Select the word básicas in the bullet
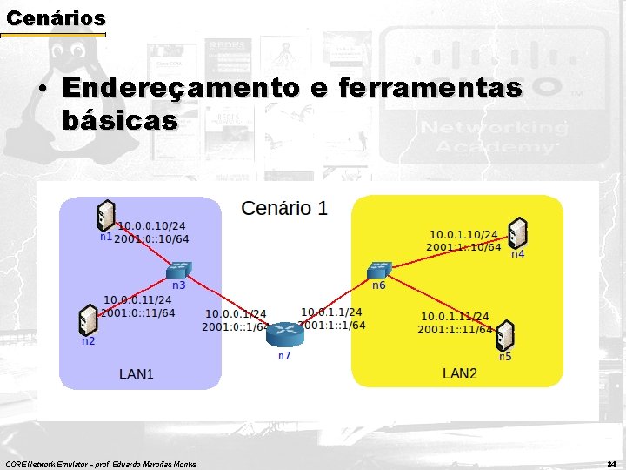pyautogui.click(x=120, y=120)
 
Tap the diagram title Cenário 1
pyautogui.click(x=284, y=208)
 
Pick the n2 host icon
pyautogui.click(x=88, y=319)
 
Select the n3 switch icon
pyautogui.click(x=179, y=270)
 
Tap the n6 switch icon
pyautogui.click(x=379, y=269)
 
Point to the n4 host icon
pyautogui.click(x=518, y=232)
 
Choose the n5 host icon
pyautogui.click(x=505, y=336)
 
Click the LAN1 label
pyautogui.click(x=136, y=374)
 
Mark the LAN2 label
pyautogui.click(x=460, y=374)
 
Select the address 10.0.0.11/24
pyautogui.click(x=138, y=300)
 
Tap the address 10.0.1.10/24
pyautogui.click(x=463, y=234)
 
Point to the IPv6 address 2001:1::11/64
pyautogui.click(x=455, y=330)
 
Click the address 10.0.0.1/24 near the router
pyautogui.click(x=236, y=314)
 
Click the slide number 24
pyautogui.click(x=611, y=462)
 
